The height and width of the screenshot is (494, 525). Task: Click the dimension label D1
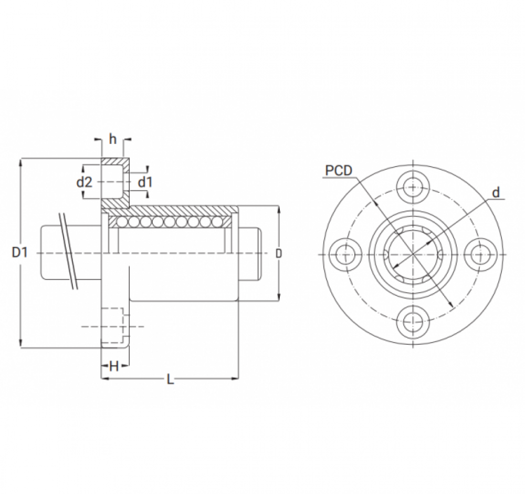(19, 253)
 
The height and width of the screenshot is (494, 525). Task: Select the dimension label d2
(84, 182)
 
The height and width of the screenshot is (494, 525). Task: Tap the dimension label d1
(145, 182)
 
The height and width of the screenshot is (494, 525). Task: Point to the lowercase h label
(112, 139)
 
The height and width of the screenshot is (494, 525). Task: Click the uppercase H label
(113, 367)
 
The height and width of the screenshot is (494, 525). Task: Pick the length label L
(169, 379)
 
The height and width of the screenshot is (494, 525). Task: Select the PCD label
(338, 170)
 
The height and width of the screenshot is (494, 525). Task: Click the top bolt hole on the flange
(413, 187)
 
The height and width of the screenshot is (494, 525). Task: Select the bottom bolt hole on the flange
(413, 320)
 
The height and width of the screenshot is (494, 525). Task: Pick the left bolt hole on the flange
(346, 253)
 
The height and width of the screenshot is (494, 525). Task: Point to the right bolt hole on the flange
(480, 253)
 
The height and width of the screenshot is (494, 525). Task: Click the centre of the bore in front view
(413, 253)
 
